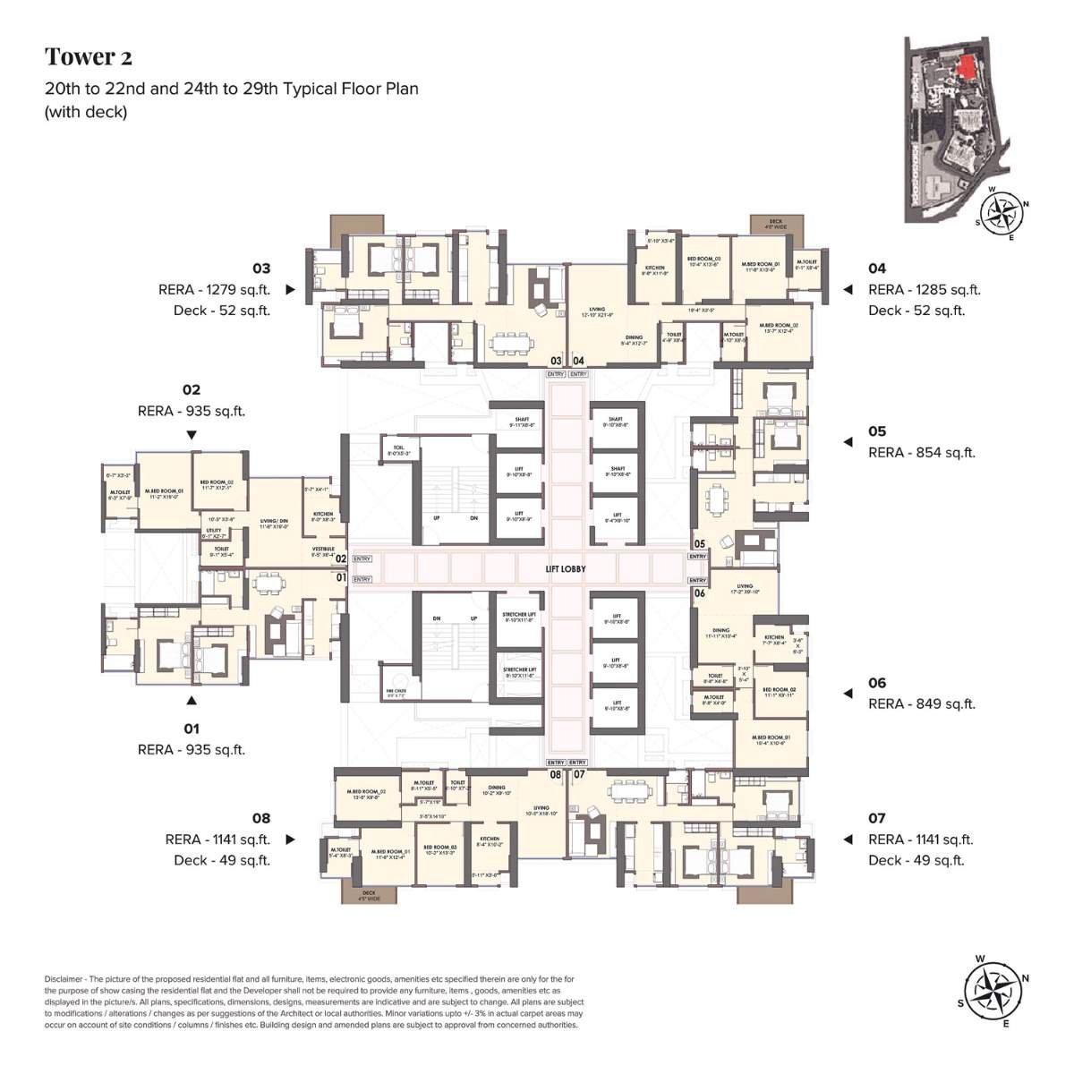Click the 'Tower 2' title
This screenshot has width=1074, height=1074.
(89, 57)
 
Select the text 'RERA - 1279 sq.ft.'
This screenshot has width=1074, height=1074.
(214, 289)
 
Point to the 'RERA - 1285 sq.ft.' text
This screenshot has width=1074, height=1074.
(924, 289)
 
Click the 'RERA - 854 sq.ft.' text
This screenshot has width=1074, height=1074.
(921, 452)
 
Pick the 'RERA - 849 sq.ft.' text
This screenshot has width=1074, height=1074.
(921, 703)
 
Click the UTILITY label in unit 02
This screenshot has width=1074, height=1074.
(214, 531)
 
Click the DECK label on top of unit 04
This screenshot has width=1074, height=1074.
(776, 222)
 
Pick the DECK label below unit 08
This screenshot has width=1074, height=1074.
(369, 893)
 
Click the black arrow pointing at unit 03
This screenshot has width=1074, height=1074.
(290, 290)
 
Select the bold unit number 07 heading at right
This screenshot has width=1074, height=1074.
(876, 818)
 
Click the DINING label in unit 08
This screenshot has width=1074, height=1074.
(497, 788)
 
